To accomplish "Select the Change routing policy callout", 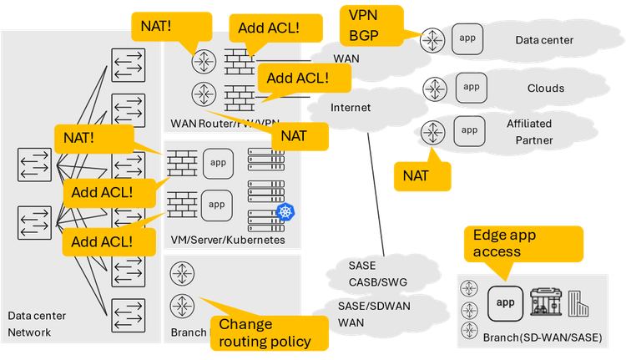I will pyautogui.click(x=264, y=332).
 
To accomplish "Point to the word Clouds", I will pyautogui.click(x=546, y=88).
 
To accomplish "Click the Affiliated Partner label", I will pyautogui.click(x=529, y=131).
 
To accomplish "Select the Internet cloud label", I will pyautogui.click(x=351, y=108).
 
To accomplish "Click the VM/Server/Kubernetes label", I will pyautogui.click(x=228, y=240).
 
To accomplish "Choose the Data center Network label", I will pyautogui.click(x=36, y=323).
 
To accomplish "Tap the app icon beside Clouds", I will pyautogui.click(x=471, y=86).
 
